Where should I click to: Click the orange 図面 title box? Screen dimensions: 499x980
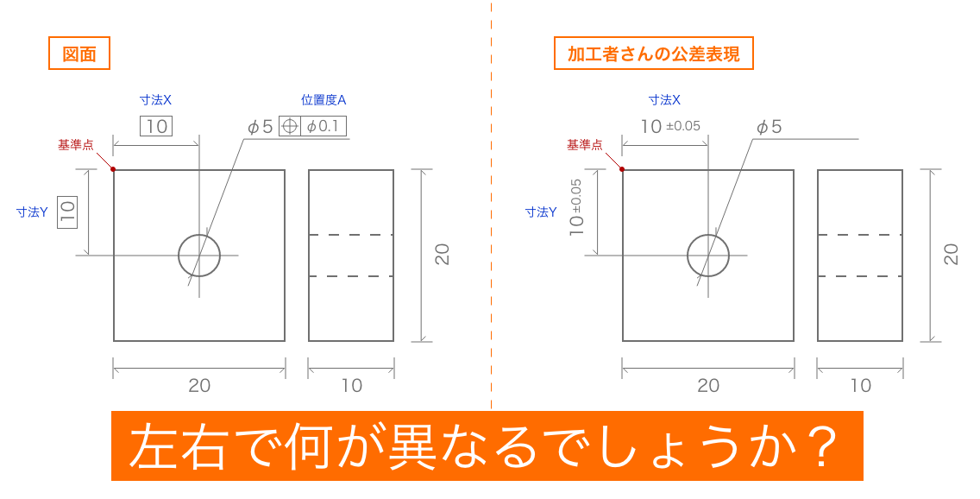pos(78,54)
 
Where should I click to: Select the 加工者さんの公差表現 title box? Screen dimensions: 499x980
pos(653,54)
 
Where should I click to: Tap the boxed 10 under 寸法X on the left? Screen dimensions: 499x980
pos(156,126)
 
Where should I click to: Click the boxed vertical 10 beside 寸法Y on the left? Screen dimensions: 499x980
pos(67,212)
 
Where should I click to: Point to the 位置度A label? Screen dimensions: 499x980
pos(323,100)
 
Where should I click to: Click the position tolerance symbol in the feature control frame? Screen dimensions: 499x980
pos(290,126)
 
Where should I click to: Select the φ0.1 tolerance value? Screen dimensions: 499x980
pos(324,126)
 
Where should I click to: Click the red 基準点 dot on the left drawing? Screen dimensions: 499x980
pos(114,169)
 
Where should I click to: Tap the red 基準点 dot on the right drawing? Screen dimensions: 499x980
pos(623,169)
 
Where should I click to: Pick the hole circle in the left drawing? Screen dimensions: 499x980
pos(199,255)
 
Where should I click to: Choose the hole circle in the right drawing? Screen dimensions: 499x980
pos(708,255)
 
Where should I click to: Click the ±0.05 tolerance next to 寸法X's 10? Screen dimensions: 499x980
pos(683,126)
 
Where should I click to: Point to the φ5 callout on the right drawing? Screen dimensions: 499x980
pos(769,127)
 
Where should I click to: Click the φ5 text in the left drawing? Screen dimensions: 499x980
pos(260,127)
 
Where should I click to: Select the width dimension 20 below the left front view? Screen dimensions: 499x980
pos(199,386)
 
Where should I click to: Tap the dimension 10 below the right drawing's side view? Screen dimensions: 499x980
pos(860,386)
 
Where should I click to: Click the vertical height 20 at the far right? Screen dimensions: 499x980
pos(951,254)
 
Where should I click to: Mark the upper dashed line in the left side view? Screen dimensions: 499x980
pos(351,235)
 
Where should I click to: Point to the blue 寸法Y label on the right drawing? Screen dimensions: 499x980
pos(541,212)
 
